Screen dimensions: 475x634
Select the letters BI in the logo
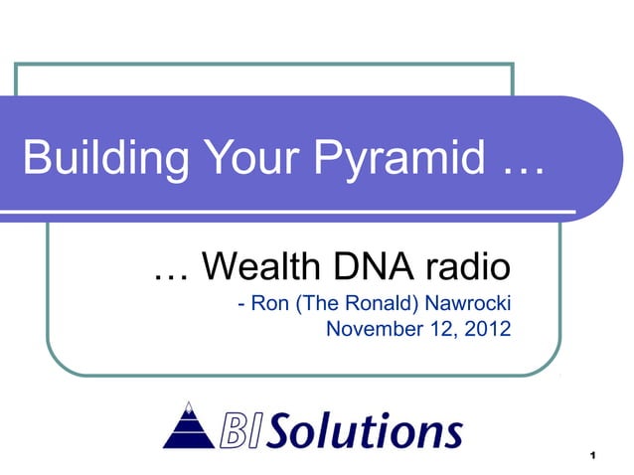click(238, 430)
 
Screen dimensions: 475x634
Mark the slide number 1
click(592, 456)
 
